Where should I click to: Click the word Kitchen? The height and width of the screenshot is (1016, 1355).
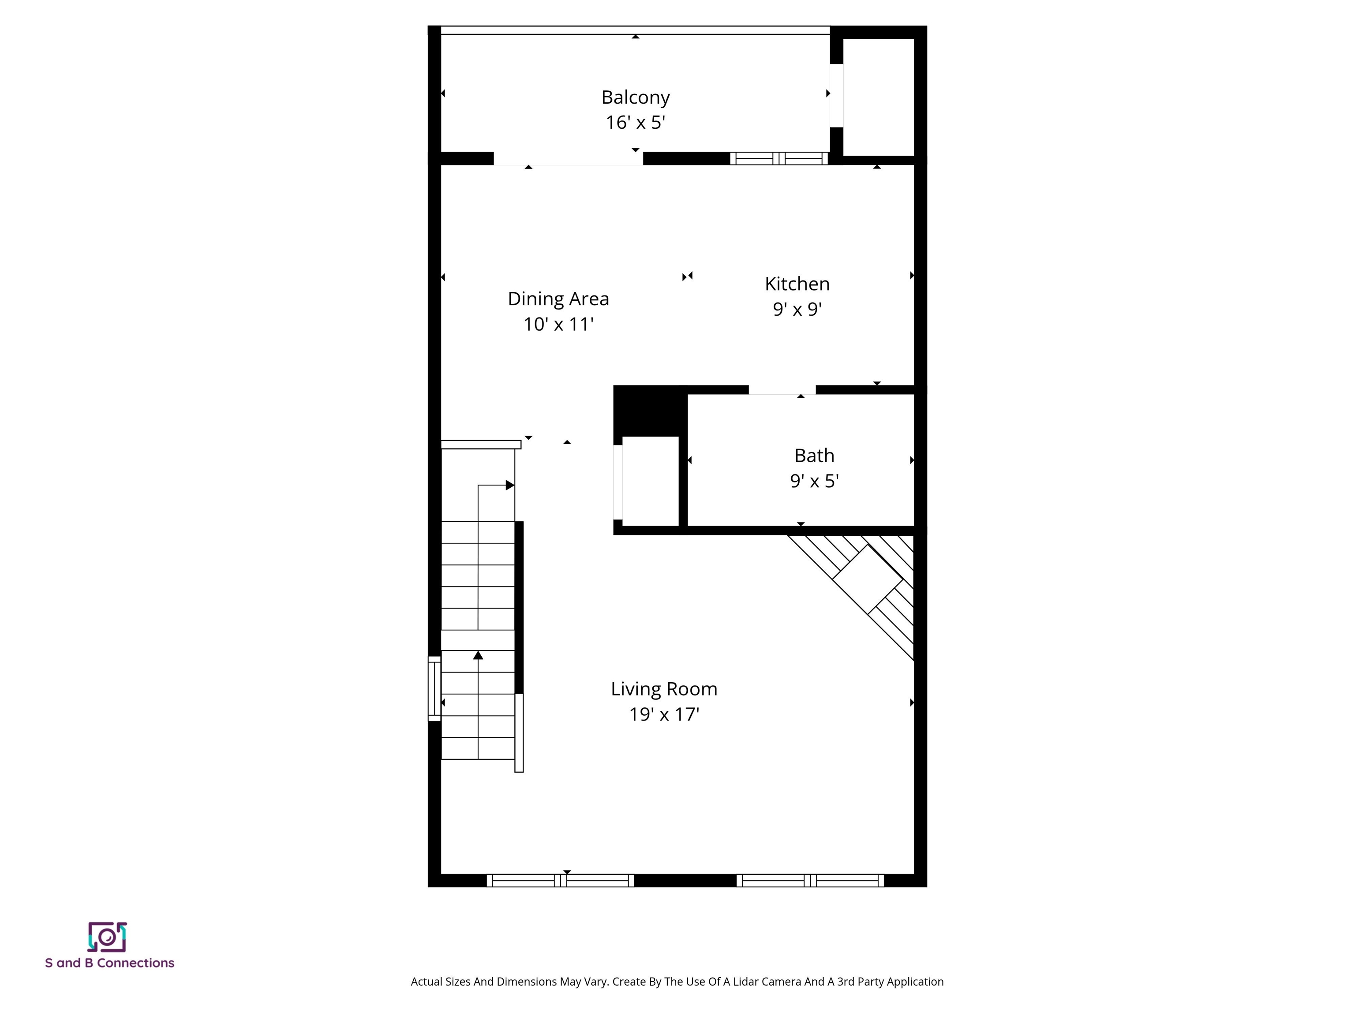point(797,284)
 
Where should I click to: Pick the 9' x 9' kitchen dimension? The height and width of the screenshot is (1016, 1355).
point(797,309)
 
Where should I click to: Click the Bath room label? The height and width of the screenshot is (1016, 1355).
point(814,456)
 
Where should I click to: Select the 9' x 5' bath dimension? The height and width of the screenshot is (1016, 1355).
point(814,481)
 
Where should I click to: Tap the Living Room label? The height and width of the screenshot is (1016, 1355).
point(664,689)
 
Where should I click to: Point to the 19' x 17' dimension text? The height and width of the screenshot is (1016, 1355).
point(664,714)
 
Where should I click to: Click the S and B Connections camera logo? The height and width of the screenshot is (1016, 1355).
point(107,937)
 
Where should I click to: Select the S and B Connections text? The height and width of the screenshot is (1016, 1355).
point(110,963)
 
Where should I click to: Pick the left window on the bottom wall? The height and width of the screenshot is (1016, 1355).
point(561,881)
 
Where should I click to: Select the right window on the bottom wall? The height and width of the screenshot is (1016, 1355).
point(810,881)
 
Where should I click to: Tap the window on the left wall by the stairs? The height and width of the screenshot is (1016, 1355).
point(434,688)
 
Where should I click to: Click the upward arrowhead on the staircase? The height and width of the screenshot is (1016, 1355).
point(479,655)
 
